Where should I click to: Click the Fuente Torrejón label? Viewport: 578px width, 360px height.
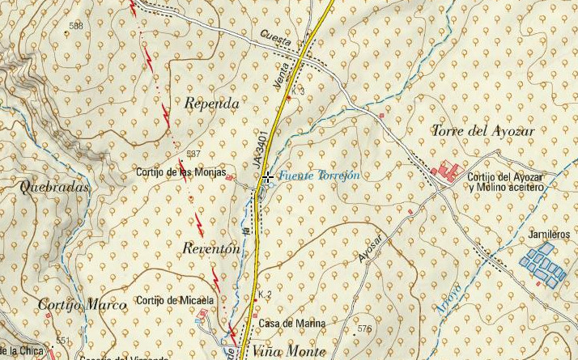click(x=319, y=176)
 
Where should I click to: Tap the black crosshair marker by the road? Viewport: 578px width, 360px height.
click(x=266, y=176)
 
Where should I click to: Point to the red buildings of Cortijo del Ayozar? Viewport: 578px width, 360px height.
click(x=447, y=172)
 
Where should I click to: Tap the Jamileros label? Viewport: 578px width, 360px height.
click(x=549, y=234)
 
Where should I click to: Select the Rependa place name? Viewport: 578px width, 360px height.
click(x=211, y=104)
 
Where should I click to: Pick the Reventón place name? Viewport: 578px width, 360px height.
click(x=211, y=249)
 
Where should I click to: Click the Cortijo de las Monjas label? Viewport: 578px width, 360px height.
click(x=181, y=172)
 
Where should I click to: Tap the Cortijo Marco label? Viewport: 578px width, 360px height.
click(x=83, y=305)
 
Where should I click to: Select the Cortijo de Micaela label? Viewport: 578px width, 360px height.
click(x=176, y=301)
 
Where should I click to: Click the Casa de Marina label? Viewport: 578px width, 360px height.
click(x=291, y=324)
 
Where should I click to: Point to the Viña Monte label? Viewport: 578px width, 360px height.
click(x=288, y=351)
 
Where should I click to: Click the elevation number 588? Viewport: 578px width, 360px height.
click(x=76, y=27)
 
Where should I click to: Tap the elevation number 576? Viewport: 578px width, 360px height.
click(x=363, y=328)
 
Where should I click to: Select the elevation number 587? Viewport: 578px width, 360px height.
click(x=193, y=154)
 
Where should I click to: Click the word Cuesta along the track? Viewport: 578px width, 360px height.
click(x=276, y=37)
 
